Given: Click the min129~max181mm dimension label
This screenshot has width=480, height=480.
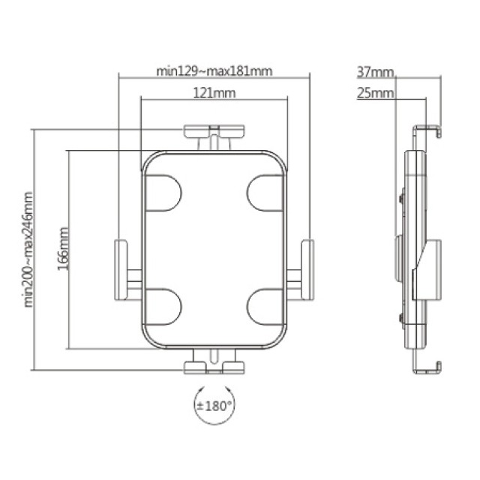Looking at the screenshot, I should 214,72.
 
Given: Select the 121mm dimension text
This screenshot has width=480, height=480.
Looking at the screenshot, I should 214,94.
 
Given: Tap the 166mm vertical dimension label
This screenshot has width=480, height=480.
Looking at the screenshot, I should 63,248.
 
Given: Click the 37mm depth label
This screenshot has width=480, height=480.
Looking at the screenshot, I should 375,73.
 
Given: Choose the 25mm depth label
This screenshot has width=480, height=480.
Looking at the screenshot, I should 375,93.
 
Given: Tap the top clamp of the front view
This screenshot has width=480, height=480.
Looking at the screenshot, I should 214,133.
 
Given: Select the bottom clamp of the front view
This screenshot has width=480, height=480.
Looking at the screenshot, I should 214,365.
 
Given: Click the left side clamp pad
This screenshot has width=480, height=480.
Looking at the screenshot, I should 121,268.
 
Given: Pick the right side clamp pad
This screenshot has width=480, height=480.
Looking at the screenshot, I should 307,268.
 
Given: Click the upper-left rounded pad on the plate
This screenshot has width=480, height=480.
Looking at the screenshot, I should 163,193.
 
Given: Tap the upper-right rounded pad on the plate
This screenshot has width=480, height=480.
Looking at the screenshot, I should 265,193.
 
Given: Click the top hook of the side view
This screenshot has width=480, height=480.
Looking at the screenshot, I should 428,130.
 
